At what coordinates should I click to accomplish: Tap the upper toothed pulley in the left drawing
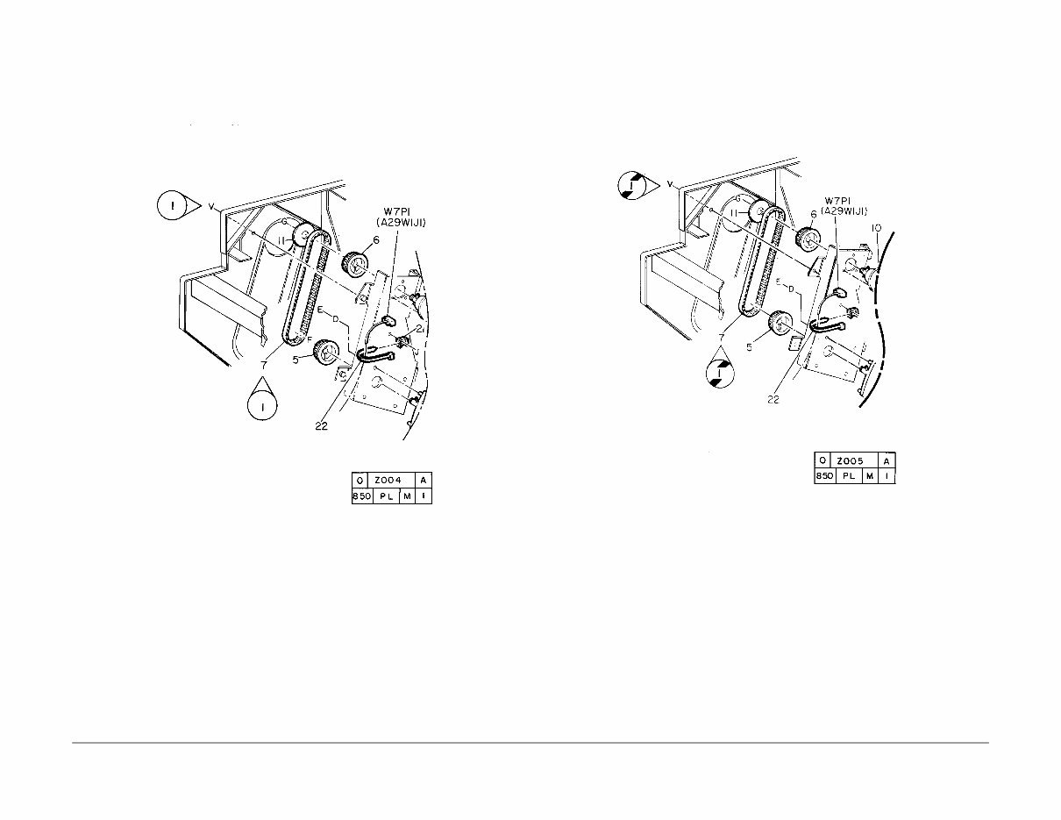point(354,263)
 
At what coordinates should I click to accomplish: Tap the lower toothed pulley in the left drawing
point(327,353)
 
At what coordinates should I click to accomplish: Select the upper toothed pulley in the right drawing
point(806,238)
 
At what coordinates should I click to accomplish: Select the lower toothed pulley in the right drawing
point(778,324)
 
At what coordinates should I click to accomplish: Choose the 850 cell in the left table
point(361,497)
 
